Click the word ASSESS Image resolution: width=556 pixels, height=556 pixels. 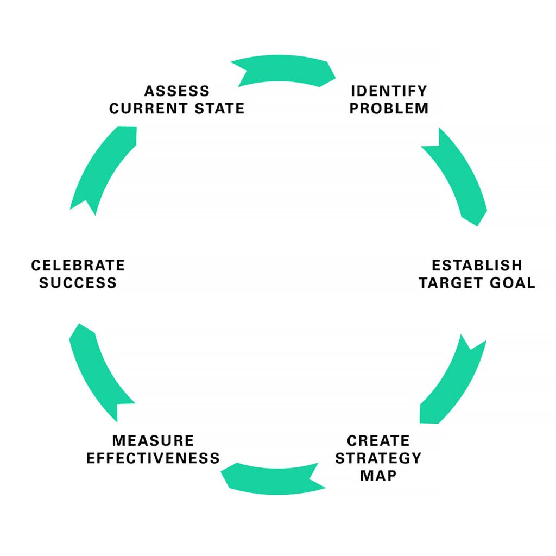pyautogui.click(x=176, y=90)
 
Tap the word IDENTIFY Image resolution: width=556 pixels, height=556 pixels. pyautogui.click(x=389, y=90)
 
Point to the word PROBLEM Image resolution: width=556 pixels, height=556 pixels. pyautogui.click(x=389, y=108)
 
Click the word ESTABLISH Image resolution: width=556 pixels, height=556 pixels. pyautogui.click(x=476, y=265)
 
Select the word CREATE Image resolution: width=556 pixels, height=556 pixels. pyautogui.click(x=378, y=440)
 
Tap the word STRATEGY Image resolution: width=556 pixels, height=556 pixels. pyautogui.click(x=378, y=458)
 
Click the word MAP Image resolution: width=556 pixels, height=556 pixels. pyautogui.click(x=378, y=476)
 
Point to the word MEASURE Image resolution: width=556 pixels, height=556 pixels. pyautogui.click(x=153, y=440)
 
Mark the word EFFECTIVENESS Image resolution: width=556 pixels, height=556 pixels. pyautogui.click(x=153, y=458)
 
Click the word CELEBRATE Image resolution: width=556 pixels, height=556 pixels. pyautogui.click(x=78, y=265)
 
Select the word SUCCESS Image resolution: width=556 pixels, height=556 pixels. pyautogui.click(x=78, y=283)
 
